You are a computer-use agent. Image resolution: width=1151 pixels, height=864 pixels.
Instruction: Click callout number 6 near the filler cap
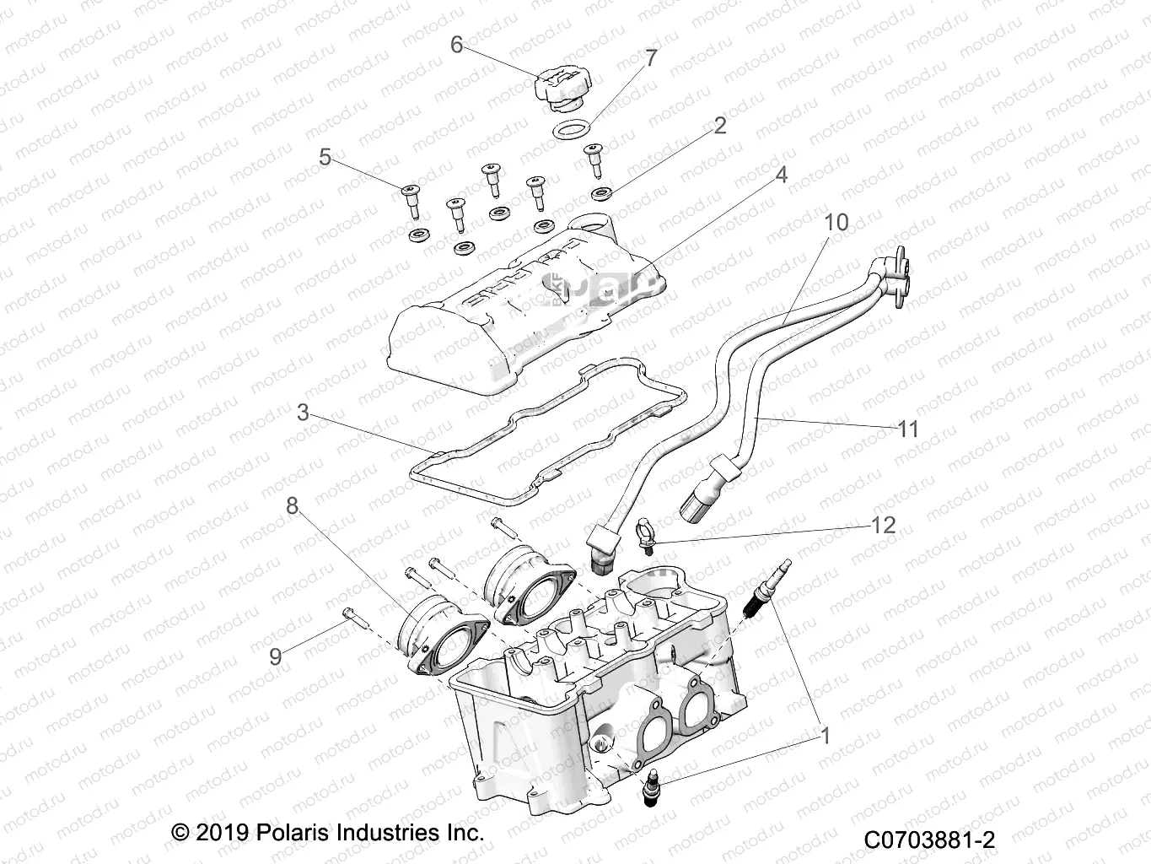coord(456,44)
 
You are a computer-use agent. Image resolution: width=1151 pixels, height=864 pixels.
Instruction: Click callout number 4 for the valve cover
coord(781,175)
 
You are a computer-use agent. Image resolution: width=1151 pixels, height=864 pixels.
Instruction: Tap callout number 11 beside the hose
coord(907,429)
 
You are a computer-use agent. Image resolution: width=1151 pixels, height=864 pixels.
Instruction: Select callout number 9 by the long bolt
coord(275,656)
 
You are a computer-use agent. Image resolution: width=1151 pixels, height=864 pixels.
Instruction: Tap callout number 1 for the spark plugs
coord(826,736)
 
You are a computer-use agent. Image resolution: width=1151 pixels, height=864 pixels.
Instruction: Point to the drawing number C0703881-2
coord(929,840)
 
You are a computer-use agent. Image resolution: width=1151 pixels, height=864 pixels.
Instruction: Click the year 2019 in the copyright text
coord(222,833)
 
